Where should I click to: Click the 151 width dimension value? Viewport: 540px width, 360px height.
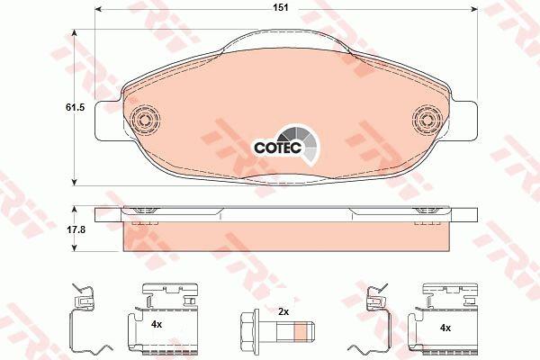pyautogui.click(x=281, y=7)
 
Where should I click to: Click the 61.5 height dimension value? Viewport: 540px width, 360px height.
pyautogui.click(x=75, y=107)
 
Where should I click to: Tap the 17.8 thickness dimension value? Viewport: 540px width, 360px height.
pyautogui.click(x=76, y=229)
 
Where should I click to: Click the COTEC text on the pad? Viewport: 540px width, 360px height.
pyautogui.click(x=277, y=148)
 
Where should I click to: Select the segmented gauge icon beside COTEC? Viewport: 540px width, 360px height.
pyautogui.click(x=301, y=143)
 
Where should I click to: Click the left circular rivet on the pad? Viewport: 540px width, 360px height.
pyautogui.click(x=145, y=120)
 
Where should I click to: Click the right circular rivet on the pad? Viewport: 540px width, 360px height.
pyautogui.click(x=427, y=120)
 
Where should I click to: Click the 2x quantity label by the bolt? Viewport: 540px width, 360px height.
pyautogui.click(x=283, y=312)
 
